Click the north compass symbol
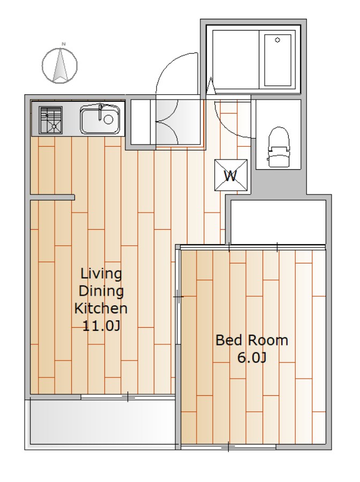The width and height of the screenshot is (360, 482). coord(59,65)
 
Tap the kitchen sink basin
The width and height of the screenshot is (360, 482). coord(100,119)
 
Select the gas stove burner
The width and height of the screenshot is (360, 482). coord(51,120)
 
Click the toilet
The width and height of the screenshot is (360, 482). coord(279,147)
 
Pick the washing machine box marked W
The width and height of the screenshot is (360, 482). coord(231,175)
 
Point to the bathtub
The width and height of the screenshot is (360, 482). coord(277,60)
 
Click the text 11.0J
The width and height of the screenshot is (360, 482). coord(101,326)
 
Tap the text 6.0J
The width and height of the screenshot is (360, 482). coord(252,358)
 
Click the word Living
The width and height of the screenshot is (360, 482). coord(101,274)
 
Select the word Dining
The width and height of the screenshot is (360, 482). coord(101,291)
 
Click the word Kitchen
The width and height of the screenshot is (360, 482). coord(101,308)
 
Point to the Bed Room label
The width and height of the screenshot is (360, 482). coord(252,340)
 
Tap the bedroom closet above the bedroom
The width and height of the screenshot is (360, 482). coord(278,222)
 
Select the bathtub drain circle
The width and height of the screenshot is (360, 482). coord(277,40)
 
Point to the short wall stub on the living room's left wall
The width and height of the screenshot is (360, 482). coord(52,197)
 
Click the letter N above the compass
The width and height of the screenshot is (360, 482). coord(64,44)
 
